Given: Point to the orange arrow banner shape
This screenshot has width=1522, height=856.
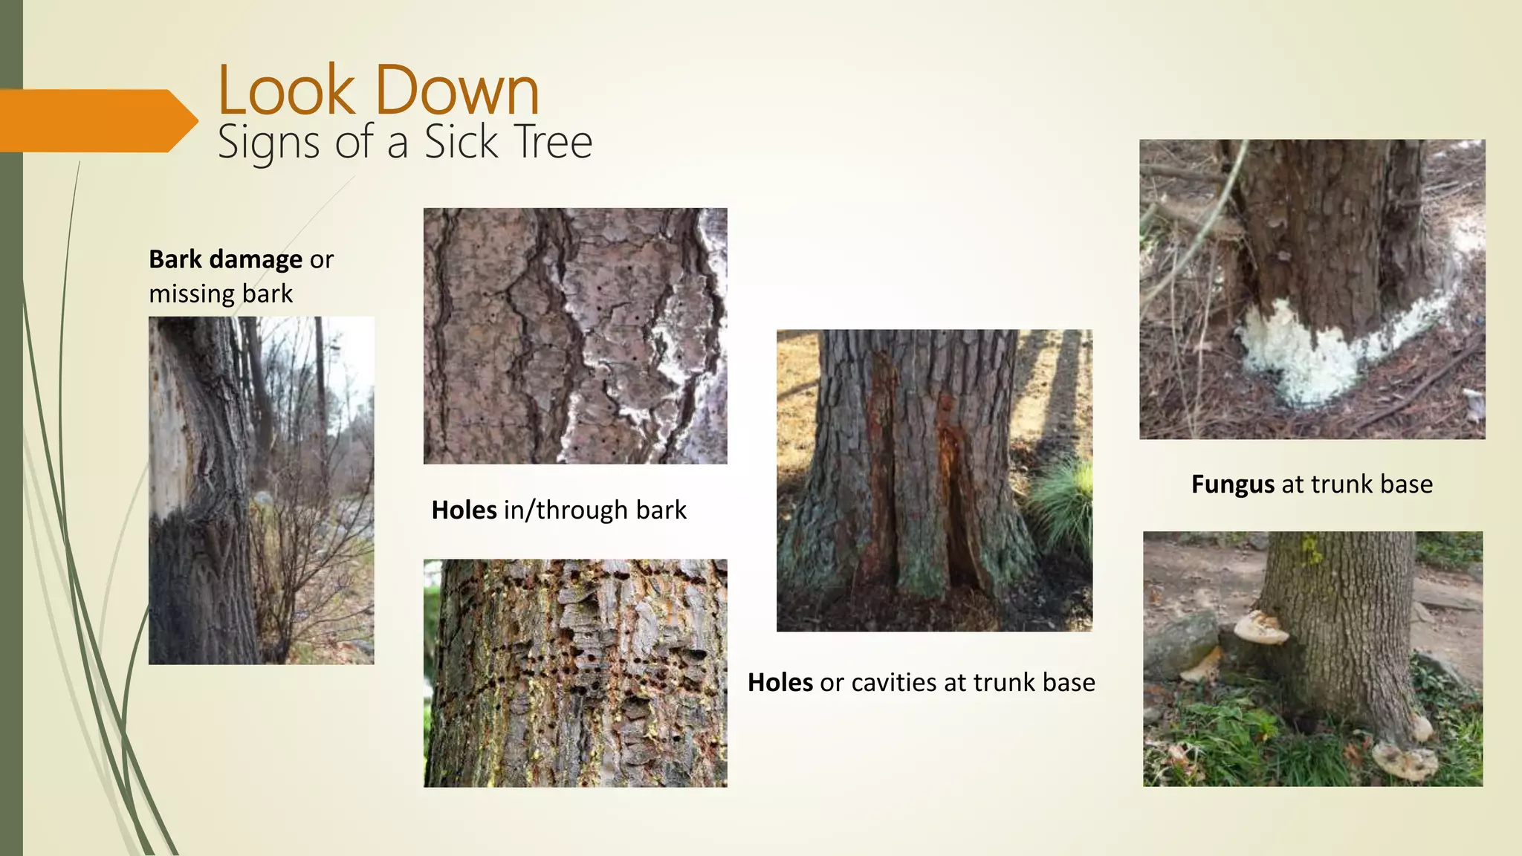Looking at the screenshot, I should click(97, 120).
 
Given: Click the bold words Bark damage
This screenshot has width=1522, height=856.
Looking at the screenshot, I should click(225, 259).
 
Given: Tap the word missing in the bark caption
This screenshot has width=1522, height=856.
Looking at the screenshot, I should click(192, 294).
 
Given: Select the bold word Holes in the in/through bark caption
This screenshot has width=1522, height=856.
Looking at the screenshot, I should click(464, 510).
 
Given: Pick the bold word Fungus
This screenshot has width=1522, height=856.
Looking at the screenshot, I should click(1233, 484).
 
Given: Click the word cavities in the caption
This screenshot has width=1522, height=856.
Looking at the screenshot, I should click(894, 683).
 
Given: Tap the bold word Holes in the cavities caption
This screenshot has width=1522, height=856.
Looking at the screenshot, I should click(780, 683).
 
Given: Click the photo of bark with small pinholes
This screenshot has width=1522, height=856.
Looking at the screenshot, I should click(575, 336).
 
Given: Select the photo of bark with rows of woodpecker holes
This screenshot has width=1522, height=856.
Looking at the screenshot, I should click(575, 673).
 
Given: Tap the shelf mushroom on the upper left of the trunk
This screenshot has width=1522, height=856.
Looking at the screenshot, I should click(1260, 629).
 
